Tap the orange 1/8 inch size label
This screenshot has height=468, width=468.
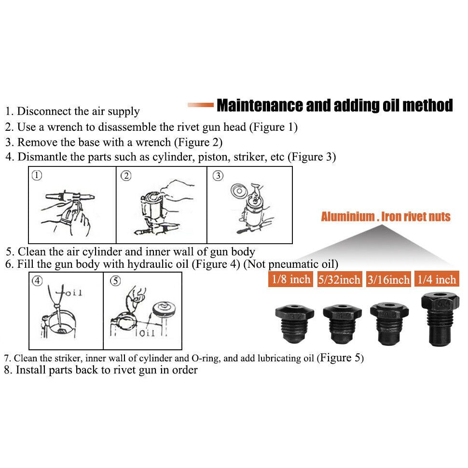pyautogui.click(x=290, y=279)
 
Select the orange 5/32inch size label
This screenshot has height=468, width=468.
pyautogui.click(x=339, y=279)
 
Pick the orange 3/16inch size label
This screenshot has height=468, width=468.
pyautogui.click(x=388, y=279)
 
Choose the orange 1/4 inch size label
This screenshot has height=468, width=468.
pyautogui.click(x=437, y=279)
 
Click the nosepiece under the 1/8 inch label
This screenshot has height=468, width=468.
pyautogui.click(x=294, y=323)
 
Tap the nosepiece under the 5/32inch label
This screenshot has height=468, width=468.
pyautogui.click(x=342, y=324)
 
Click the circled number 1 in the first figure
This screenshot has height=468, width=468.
pyautogui.click(x=37, y=175)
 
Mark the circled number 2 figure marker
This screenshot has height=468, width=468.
pyautogui.click(x=126, y=176)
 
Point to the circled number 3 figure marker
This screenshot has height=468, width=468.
pyautogui.click(x=218, y=176)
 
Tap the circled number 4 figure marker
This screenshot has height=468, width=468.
pyautogui.click(x=37, y=281)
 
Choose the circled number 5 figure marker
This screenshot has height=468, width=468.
pyautogui.click(x=115, y=281)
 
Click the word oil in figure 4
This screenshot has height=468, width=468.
pyautogui.click(x=73, y=293)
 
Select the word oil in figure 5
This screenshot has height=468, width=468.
pyautogui.click(x=147, y=332)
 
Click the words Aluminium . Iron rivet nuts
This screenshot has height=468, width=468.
pyautogui.click(x=385, y=217)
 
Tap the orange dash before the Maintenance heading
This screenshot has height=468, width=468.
pyautogui.click(x=201, y=105)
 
